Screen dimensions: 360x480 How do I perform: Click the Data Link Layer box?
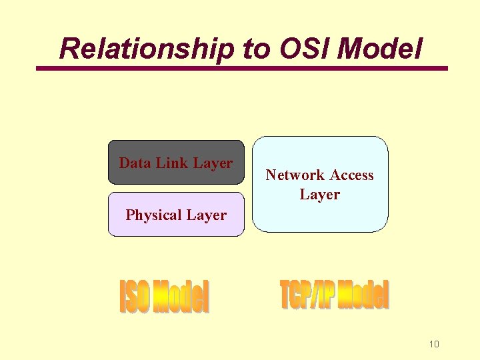point(176,162)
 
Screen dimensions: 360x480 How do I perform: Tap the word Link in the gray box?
point(172,163)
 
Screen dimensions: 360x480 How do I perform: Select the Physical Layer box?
point(176,215)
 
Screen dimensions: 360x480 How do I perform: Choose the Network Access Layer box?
point(320,185)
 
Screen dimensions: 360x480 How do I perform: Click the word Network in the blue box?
point(295,175)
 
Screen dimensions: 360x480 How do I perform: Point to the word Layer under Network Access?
point(320,195)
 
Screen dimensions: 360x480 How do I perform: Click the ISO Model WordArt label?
point(164,297)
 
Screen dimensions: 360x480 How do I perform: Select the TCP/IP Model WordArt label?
point(334,295)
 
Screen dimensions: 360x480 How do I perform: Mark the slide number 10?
point(434,344)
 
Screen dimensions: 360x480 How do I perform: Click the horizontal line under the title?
point(241,68)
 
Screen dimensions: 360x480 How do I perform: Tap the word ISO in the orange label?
point(135,297)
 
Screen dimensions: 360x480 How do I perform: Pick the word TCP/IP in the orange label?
point(307,295)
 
